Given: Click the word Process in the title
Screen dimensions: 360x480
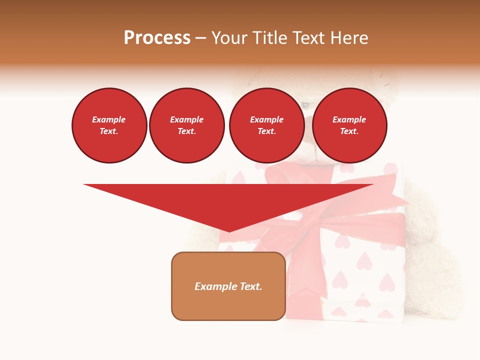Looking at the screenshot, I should pos(157,38).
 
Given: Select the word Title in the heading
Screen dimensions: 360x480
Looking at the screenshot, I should pos(270,38).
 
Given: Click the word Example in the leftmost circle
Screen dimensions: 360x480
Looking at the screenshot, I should pos(109,119).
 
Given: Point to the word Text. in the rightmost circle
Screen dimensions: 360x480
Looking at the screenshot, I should pos(349,131).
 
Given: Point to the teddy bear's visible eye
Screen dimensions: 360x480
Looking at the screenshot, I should pos(305,105).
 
